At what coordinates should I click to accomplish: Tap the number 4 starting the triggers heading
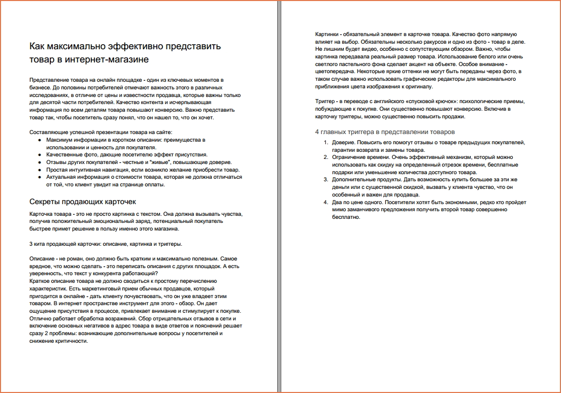317,132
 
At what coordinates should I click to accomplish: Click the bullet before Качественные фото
40,155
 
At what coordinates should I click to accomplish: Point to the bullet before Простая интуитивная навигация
40,170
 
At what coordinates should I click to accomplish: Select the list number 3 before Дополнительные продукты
326,180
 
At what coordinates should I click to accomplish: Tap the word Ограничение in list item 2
350,157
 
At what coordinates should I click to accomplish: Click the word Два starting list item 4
338,202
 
